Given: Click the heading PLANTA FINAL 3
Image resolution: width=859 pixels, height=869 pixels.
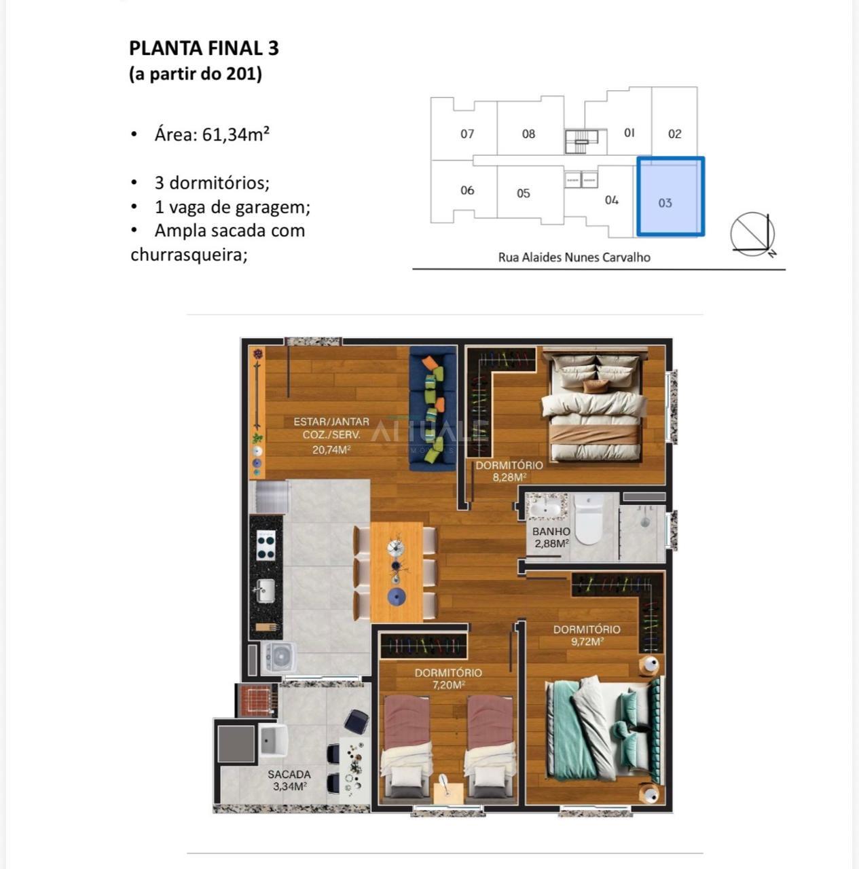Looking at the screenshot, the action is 204,48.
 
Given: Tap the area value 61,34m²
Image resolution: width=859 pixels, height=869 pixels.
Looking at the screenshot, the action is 236,134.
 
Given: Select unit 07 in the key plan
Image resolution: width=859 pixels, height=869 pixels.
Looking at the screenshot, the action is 467,134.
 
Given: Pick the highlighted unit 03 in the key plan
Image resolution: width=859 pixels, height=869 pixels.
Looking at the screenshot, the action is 670,196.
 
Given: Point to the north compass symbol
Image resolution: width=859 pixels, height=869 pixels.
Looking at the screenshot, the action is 753,234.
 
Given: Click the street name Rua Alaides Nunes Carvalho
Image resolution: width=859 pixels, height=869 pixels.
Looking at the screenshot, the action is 574,257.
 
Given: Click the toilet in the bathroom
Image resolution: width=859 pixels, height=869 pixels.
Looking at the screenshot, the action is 588,519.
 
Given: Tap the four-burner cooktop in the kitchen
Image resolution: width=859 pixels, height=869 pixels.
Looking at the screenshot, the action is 266,544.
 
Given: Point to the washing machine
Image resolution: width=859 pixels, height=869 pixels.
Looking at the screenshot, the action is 278,658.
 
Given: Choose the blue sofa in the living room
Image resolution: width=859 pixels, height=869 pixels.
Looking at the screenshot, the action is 433,408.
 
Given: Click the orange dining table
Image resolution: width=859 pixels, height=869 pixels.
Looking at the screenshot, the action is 397,572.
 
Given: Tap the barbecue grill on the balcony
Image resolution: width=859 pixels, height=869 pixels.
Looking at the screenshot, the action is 256,699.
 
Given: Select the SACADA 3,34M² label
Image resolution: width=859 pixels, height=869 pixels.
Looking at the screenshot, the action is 289,780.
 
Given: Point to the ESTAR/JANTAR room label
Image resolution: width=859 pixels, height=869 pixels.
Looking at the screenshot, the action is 331,422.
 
